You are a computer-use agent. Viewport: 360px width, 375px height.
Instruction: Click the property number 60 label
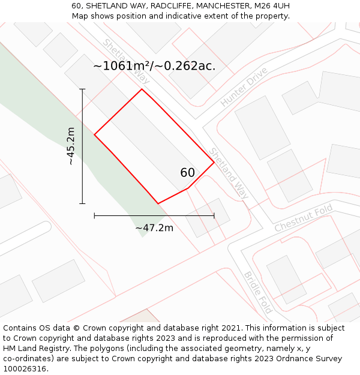tap(187, 173)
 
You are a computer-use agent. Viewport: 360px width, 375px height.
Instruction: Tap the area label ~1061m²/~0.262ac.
tap(154, 66)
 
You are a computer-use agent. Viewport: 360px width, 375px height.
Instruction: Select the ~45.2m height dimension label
tap(71, 146)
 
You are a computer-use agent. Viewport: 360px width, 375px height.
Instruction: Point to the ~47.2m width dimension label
tap(154, 228)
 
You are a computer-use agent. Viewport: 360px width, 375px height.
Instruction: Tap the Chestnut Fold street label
tap(303, 219)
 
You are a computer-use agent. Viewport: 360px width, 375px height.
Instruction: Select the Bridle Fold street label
tap(258, 293)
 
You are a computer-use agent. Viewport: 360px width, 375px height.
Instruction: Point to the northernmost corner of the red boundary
tap(142, 89)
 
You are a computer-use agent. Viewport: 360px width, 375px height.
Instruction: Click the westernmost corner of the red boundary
tap(94, 134)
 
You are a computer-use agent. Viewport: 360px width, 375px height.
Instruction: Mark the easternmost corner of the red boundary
tap(214, 162)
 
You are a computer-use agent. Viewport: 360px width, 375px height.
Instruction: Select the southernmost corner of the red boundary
tap(158, 204)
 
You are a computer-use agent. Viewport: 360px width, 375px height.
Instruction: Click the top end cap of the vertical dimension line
tap(82, 89)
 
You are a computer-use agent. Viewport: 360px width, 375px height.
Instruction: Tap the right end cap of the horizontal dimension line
tap(214, 215)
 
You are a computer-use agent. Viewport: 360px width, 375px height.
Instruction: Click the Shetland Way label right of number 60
tap(228, 173)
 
